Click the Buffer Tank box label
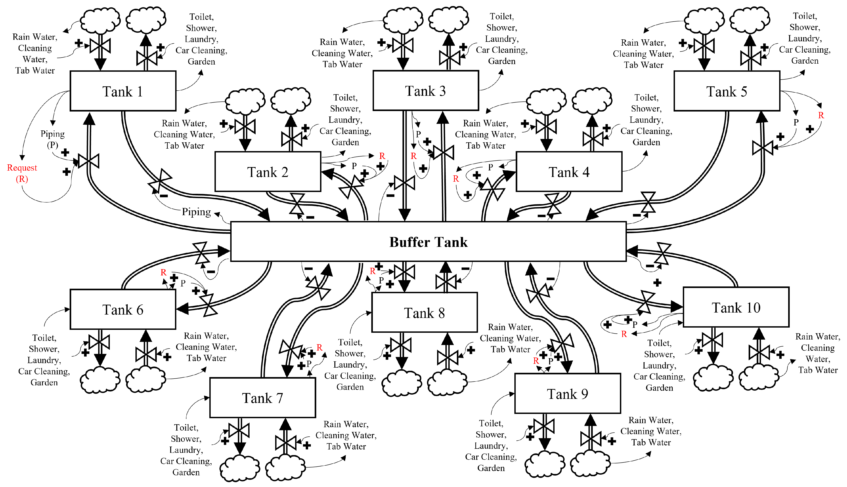pyautogui.click(x=428, y=242)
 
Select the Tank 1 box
pyautogui.click(x=123, y=91)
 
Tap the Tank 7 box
pyautogui.click(x=262, y=398)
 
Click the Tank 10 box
pyautogui.click(x=736, y=307)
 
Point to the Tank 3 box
pyautogui.click(x=425, y=91)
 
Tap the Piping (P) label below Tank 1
pyautogui.click(x=53, y=139)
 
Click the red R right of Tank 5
pyautogui.click(x=820, y=115)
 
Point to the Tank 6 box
pyautogui.click(x=123, y=309)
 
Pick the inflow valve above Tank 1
pyautogui.click(x=100, y=46)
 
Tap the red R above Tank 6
pyautogui.click(x=163, y=272)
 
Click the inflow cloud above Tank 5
pyautogui.click(x=704, y=21)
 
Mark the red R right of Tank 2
pyautogui.click(x=382, y=156)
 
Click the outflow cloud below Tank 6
pyautogui.click(x=100, y=380)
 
